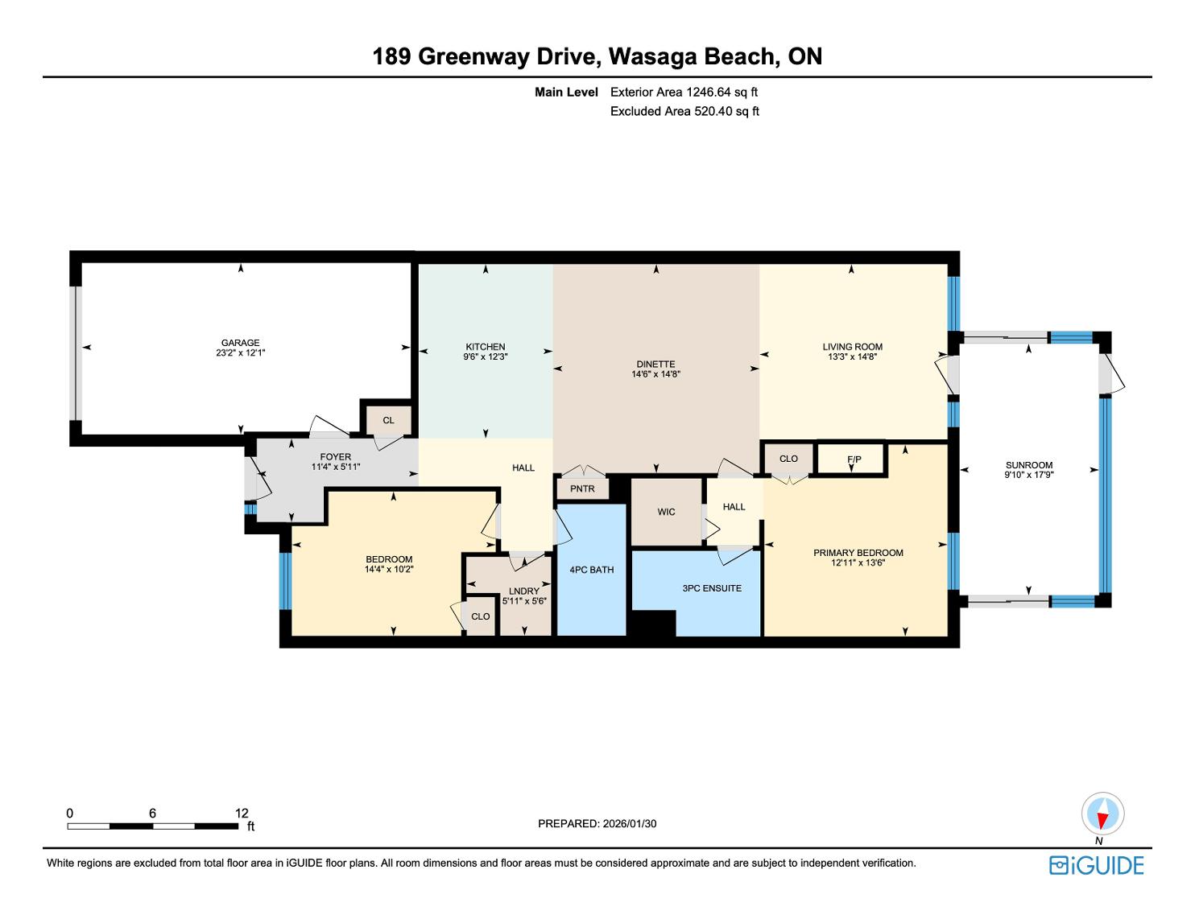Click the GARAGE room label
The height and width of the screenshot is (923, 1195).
click(x=240, y=343)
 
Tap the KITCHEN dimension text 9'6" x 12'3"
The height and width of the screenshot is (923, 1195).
click(x=485, y=356)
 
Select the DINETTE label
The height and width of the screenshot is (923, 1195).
click(x=655, y=365)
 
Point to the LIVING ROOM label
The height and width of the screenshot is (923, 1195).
click(x=853, y=347)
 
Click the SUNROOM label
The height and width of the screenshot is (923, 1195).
click(x=1029, y=465)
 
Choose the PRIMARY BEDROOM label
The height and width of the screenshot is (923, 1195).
click(x=858, y=553)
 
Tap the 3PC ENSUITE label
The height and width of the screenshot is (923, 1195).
click(x=712, y=588)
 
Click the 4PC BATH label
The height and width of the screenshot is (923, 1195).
click(x=591, y=570)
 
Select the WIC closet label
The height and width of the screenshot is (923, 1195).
click(x=666, y=512)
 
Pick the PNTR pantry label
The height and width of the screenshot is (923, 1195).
click(x=582, y=488)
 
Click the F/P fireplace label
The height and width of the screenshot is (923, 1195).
click(x=854, y=459)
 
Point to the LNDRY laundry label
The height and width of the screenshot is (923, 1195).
click(x=523, y=591)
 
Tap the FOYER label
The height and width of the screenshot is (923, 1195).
click(x=336, y=456)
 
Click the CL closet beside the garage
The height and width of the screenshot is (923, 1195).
click(x=388, y=420)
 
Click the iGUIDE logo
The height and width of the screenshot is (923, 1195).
click(x=1096, y=866)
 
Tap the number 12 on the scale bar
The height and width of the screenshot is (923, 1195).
click(x=242, y=813)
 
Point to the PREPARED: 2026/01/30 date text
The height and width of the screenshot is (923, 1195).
click(x=597, y=823)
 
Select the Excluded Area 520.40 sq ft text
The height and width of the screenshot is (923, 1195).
click(x=684, y=111)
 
